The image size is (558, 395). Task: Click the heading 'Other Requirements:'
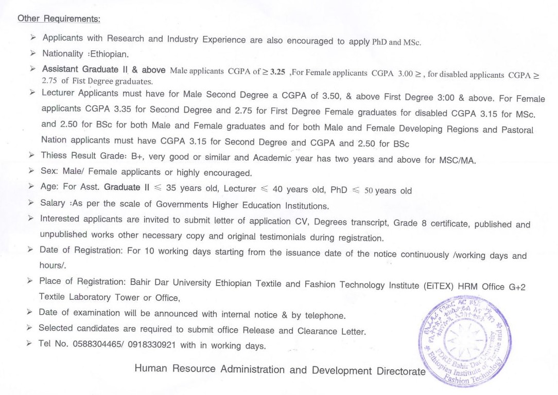(59, 19)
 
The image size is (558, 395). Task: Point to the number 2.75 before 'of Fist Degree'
(50, 81)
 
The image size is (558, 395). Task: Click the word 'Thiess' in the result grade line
(54, 155)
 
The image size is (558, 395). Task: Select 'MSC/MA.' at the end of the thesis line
(457, 160)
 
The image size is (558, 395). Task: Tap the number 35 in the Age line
(172, 188)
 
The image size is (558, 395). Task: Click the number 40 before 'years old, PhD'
(278, 189)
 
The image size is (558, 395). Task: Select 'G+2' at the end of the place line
(517, 287)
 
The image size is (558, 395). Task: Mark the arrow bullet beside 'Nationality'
(33, 53)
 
